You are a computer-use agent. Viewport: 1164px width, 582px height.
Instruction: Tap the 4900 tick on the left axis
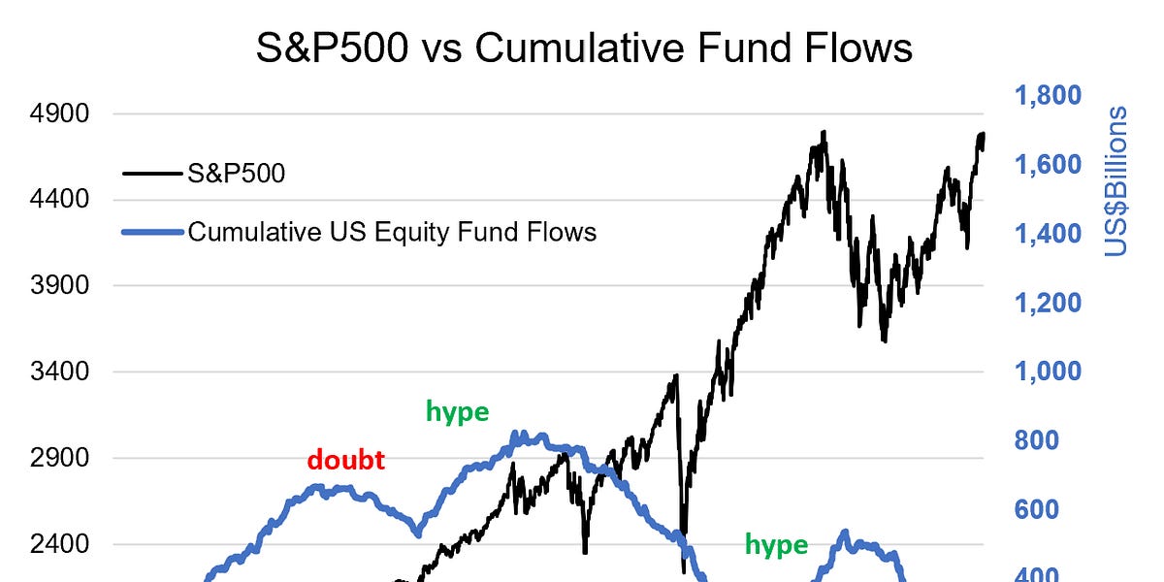[x=61, y=114]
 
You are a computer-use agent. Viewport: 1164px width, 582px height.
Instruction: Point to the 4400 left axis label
[x=61, y=200]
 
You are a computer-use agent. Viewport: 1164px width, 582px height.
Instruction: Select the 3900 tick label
[x=61, y=286]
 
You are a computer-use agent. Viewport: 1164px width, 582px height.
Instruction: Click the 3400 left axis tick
[x=61, y=372]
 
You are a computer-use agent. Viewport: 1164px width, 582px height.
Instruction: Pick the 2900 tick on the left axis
[x=61, y=458]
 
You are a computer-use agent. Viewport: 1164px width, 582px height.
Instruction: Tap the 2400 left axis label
[x=61, y=544]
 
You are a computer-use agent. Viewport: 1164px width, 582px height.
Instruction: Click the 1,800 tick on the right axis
[x=1048, y=95]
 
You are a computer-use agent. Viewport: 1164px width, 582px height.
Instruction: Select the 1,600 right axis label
[x=1048, y=165]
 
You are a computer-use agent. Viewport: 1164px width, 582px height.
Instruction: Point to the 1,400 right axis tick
[x=1048, y=234]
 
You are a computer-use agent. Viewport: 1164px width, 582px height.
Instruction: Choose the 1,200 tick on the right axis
[x=1048, y=303]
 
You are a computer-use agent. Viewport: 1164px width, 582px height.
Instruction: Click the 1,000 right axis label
[x=1048, y=372]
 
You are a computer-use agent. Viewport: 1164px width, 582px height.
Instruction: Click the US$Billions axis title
[x=1118, y=181]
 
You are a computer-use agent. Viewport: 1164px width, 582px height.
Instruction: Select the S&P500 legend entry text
[x=237, y=174]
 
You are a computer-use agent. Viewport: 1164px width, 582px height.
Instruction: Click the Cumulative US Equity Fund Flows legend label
[x=392, y=232]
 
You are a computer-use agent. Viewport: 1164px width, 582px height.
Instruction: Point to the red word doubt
[x=346, y=461]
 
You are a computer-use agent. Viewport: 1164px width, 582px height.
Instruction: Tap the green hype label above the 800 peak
[x=457, y=412]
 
